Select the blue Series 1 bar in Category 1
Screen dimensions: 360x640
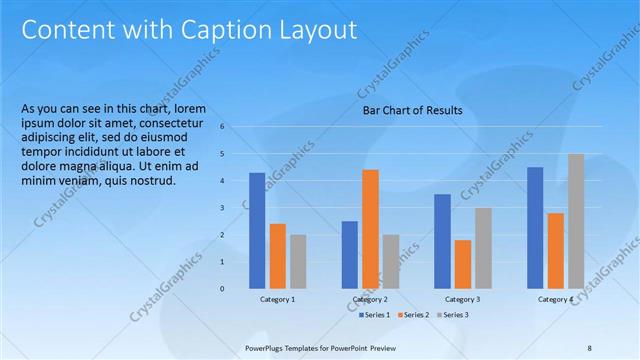tap(257, 231)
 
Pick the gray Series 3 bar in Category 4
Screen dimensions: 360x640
tap(576, 221)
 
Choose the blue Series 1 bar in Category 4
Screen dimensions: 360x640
tap(535, 228)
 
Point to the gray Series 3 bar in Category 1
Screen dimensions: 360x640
tap(298, 262)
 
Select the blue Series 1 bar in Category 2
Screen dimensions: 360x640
tap(349, 255)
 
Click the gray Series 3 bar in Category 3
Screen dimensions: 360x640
tap(483, 248)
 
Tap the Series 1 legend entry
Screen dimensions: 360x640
tap(374, 315)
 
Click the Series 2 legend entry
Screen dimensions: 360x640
tap(412, 315)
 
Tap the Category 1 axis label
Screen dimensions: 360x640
tap(277, 300)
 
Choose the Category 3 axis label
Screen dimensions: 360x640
tap(462, 300)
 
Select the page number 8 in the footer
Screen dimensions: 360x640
tap(589, 348)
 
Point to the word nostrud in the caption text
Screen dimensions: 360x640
tap(153, 180)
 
